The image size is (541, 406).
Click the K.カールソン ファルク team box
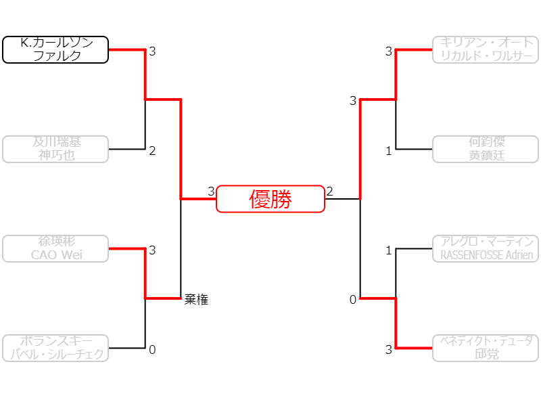pos(55,50)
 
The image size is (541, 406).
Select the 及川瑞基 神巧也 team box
pos(55,149)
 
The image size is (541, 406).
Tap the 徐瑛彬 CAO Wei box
pos(55,248)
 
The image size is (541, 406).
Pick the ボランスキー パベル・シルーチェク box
pos(55,348)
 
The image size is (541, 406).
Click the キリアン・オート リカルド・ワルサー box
pos(486,50)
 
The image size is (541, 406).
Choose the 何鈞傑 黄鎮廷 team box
pos(486,149)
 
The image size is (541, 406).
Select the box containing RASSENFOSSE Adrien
pos(486,248)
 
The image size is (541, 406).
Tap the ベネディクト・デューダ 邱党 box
pos(486,348)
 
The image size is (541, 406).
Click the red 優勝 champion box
pos(270,199)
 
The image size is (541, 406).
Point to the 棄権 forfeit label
pos(196,300)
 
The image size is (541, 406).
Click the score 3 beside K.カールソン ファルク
pos(152,51)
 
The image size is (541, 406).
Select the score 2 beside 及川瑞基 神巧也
pos(152,151)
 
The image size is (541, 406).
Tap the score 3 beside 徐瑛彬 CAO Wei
pos(152,250)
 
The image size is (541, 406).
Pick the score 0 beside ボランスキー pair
pos(152,350)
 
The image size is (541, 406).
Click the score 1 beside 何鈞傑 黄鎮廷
pos(389,151)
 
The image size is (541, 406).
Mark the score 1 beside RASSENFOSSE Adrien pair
pos(389,250)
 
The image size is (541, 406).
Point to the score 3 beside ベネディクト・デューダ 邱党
pos(389,350)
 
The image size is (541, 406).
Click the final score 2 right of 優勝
pos(330,191)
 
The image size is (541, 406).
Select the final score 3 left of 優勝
pos(211,191)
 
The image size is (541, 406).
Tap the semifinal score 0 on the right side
pos(353,300)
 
